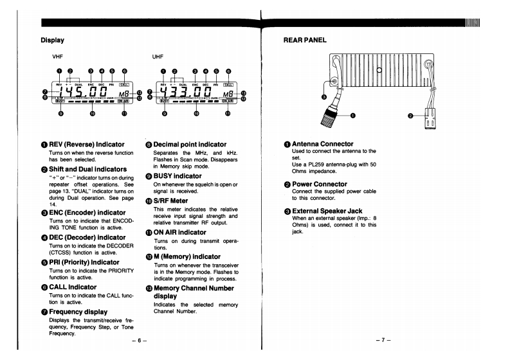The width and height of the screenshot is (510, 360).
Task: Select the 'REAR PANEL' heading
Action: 304,40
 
